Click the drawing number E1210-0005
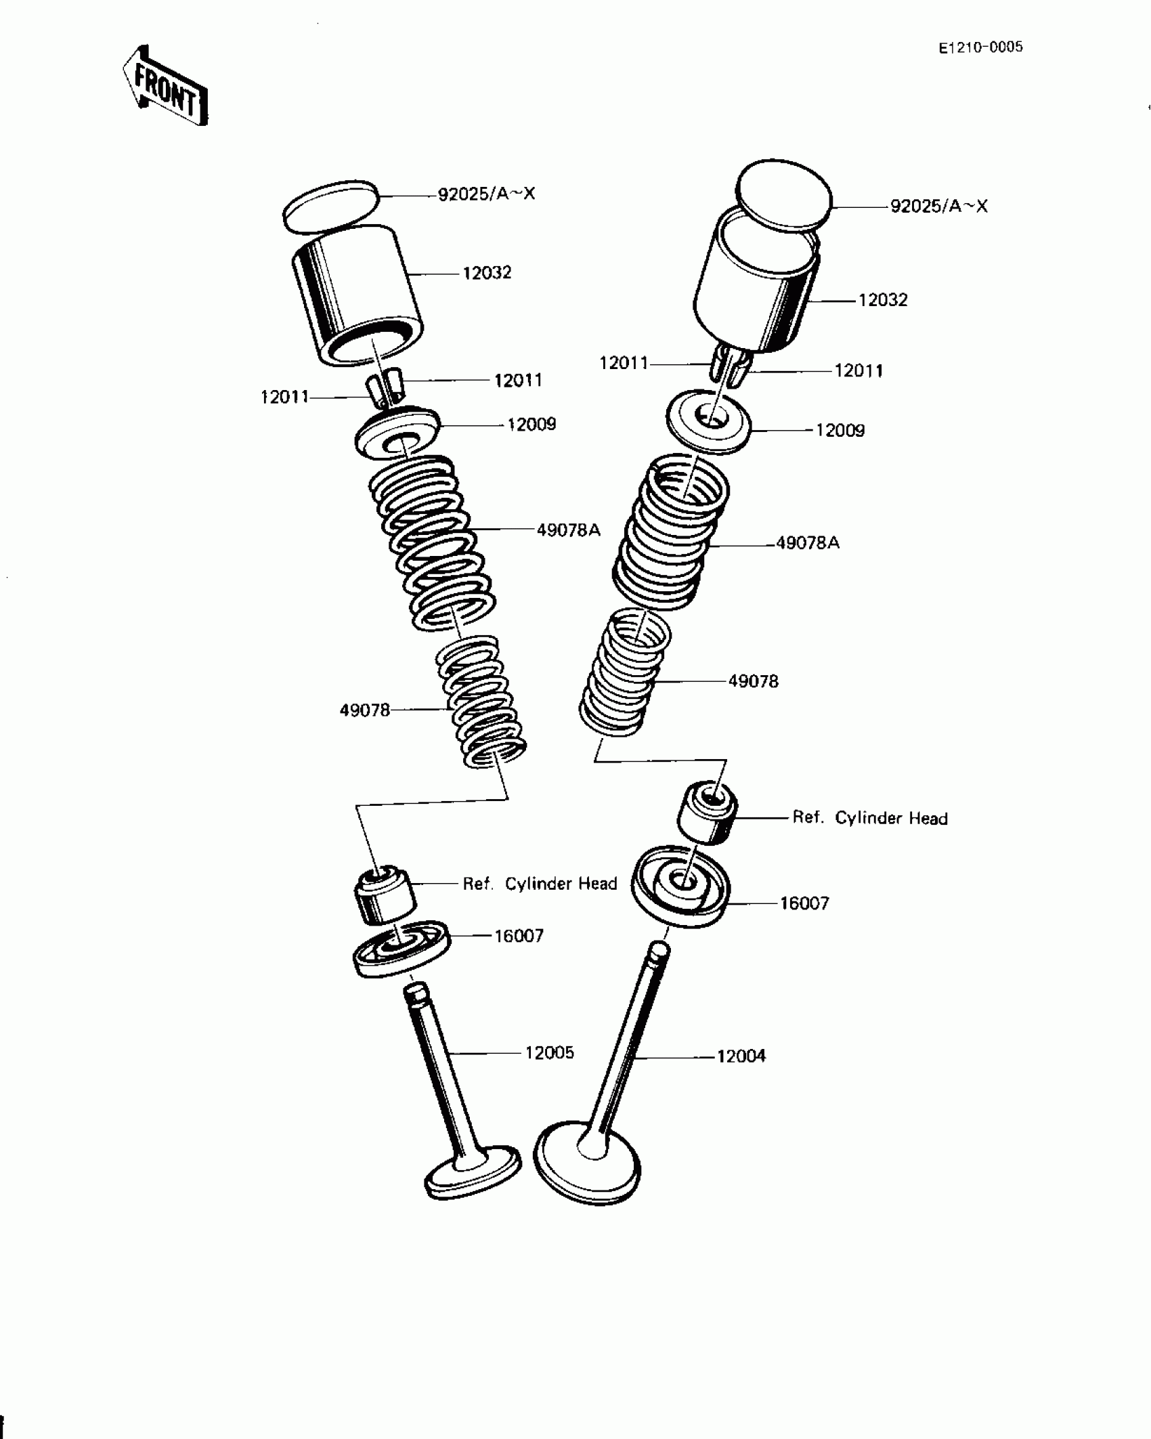coord(980,47)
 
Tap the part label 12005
coord(549,1052)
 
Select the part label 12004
coord(741,1056)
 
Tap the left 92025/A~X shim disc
coord(330,205)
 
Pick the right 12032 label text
coord(883,299)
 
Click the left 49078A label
coord(568,530)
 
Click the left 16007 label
coord(519,936)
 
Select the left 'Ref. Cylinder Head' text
coord(540,883)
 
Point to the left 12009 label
coord(531,425)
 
